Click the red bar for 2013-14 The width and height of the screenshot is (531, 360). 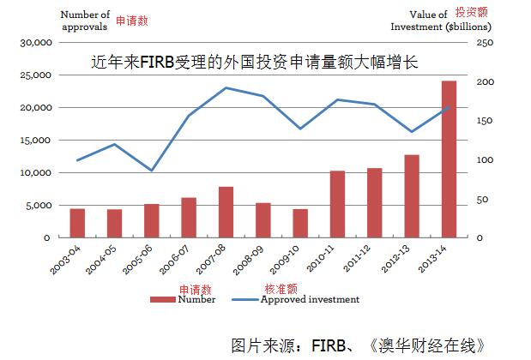[449, 159]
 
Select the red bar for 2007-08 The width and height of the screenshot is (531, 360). [226, 212]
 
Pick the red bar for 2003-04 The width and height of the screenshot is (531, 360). [77, 223]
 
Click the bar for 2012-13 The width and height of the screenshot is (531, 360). [412, 196]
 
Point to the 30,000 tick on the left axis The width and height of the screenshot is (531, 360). [39, 42]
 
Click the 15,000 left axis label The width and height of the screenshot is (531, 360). [39, 140]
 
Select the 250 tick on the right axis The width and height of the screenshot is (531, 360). [486, 42]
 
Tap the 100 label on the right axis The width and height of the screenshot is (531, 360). [486, 160]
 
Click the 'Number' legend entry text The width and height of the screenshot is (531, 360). [197, 299]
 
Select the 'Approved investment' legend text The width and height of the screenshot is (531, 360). [310, 299]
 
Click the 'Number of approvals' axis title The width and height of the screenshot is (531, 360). [86, 21]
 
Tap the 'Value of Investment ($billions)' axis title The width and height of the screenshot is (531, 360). [425, 21]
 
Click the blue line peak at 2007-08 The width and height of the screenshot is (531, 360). [226, 87]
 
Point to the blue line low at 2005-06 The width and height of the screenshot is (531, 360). [151, 171]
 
